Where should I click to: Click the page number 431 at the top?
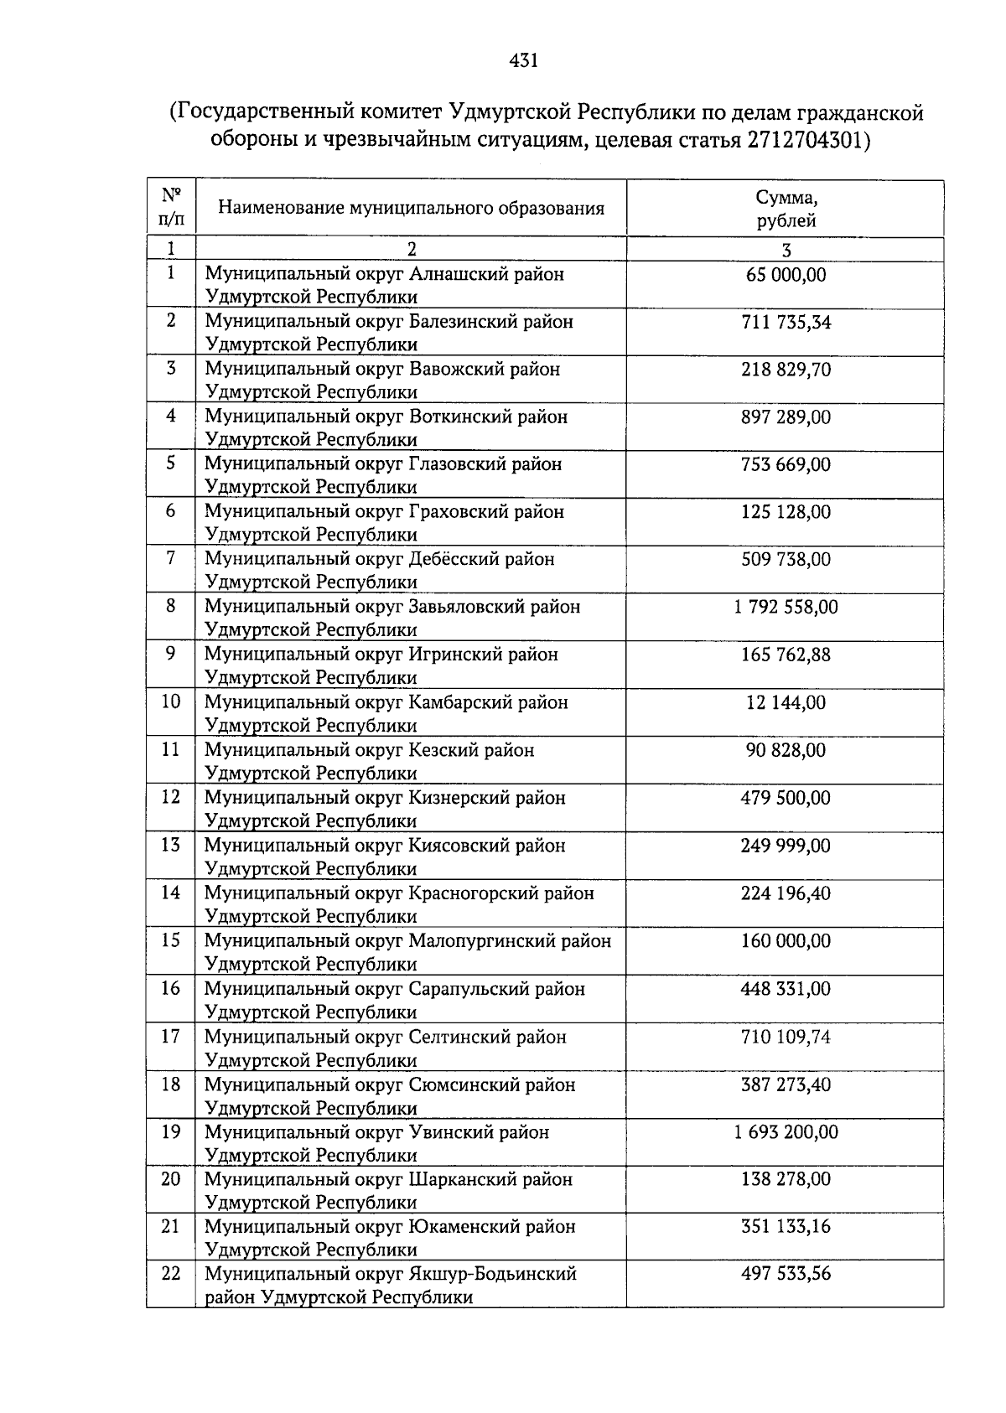click(x=523, y=60)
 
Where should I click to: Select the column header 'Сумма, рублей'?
click(x=786, y=210)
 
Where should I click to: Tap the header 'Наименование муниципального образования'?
click(x=411, y=208)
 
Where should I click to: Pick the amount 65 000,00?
click(x=786, y=274)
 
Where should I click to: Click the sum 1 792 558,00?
click(x=786, y=607)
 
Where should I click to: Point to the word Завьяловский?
click(x=464, y=607)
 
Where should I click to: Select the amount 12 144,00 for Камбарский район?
click(x=786, y=702)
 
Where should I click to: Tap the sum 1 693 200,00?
click(x=786, y=1132)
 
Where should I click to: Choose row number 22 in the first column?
click(x=171, y=1273)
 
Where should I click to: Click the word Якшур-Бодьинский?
click(x=493, y=1274)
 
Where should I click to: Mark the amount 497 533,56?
click(x=786, y=1274)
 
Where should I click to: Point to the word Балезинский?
click(x=461, y=322)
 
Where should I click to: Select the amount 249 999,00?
click(x=786, y=846)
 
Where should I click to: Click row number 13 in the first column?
click(x=171, y=845)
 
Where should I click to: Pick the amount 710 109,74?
click(x=786, y=1037)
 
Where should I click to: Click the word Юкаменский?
click(x=463, y=1227)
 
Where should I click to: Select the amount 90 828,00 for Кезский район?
click(x=786, y=750)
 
